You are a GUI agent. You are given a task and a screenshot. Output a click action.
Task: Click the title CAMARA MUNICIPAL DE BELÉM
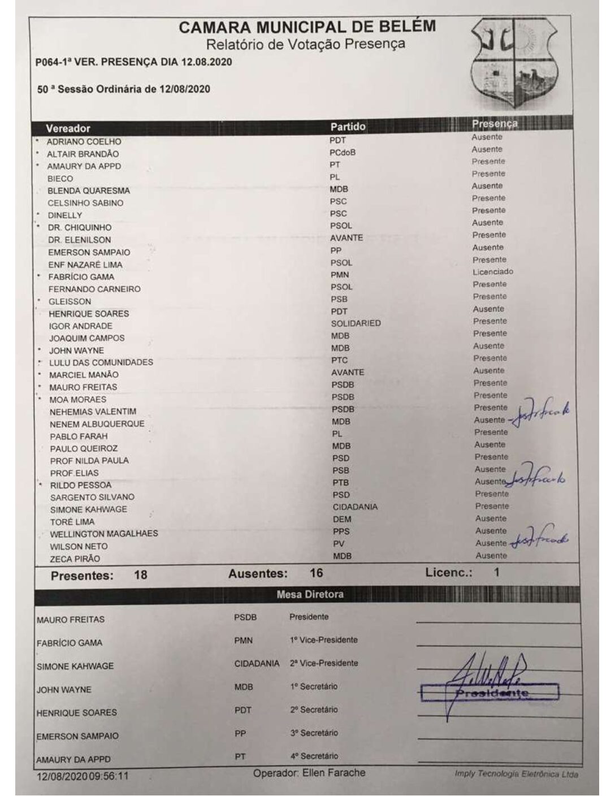pos(307,27)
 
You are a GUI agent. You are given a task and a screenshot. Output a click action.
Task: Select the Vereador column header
pos(68,128)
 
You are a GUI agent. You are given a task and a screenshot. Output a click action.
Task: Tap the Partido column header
pos(348,127)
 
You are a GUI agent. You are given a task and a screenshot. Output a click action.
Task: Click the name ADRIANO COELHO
pos(84,142)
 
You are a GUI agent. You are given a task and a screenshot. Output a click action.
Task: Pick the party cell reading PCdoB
pos(343,153)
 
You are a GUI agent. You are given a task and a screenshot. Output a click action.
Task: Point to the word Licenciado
pos(493,272)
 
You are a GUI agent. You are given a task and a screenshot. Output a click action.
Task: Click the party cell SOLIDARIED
pos(356,323)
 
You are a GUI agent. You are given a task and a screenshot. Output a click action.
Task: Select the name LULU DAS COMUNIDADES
pos(101,362)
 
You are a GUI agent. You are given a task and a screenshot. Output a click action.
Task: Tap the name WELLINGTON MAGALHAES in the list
pos(104,534)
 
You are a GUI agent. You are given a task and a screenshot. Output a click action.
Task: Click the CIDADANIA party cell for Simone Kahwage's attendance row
pos(355,507)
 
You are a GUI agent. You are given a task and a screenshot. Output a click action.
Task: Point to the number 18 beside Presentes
pos(140,575)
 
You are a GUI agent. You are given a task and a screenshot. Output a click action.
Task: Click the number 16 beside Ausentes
pos(316,573)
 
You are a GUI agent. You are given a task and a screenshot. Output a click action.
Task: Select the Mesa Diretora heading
pos(310,594)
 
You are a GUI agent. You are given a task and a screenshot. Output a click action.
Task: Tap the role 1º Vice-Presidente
pos(323,640)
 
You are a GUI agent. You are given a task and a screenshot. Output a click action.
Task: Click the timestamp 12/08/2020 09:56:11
pos(83,776)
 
